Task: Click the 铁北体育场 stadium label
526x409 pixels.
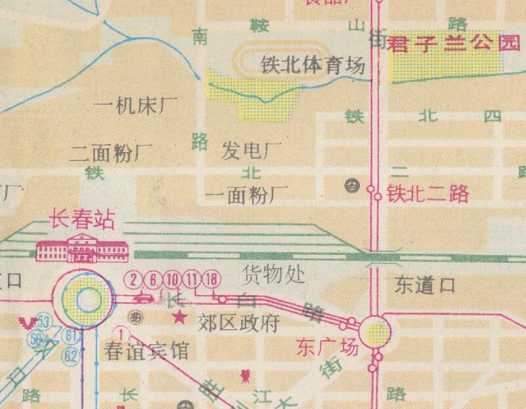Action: (313, 67)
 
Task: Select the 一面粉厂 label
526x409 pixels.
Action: (247, 195)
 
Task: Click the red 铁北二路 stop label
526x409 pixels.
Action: (427, 193)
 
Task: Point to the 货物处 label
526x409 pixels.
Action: (274, 273)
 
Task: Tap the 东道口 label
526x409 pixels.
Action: (425, 285)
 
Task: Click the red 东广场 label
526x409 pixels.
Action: (328, 345)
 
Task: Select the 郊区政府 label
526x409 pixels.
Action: (239, 323)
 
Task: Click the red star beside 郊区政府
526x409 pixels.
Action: (178, 319)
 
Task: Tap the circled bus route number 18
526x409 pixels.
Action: (211, 279)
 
